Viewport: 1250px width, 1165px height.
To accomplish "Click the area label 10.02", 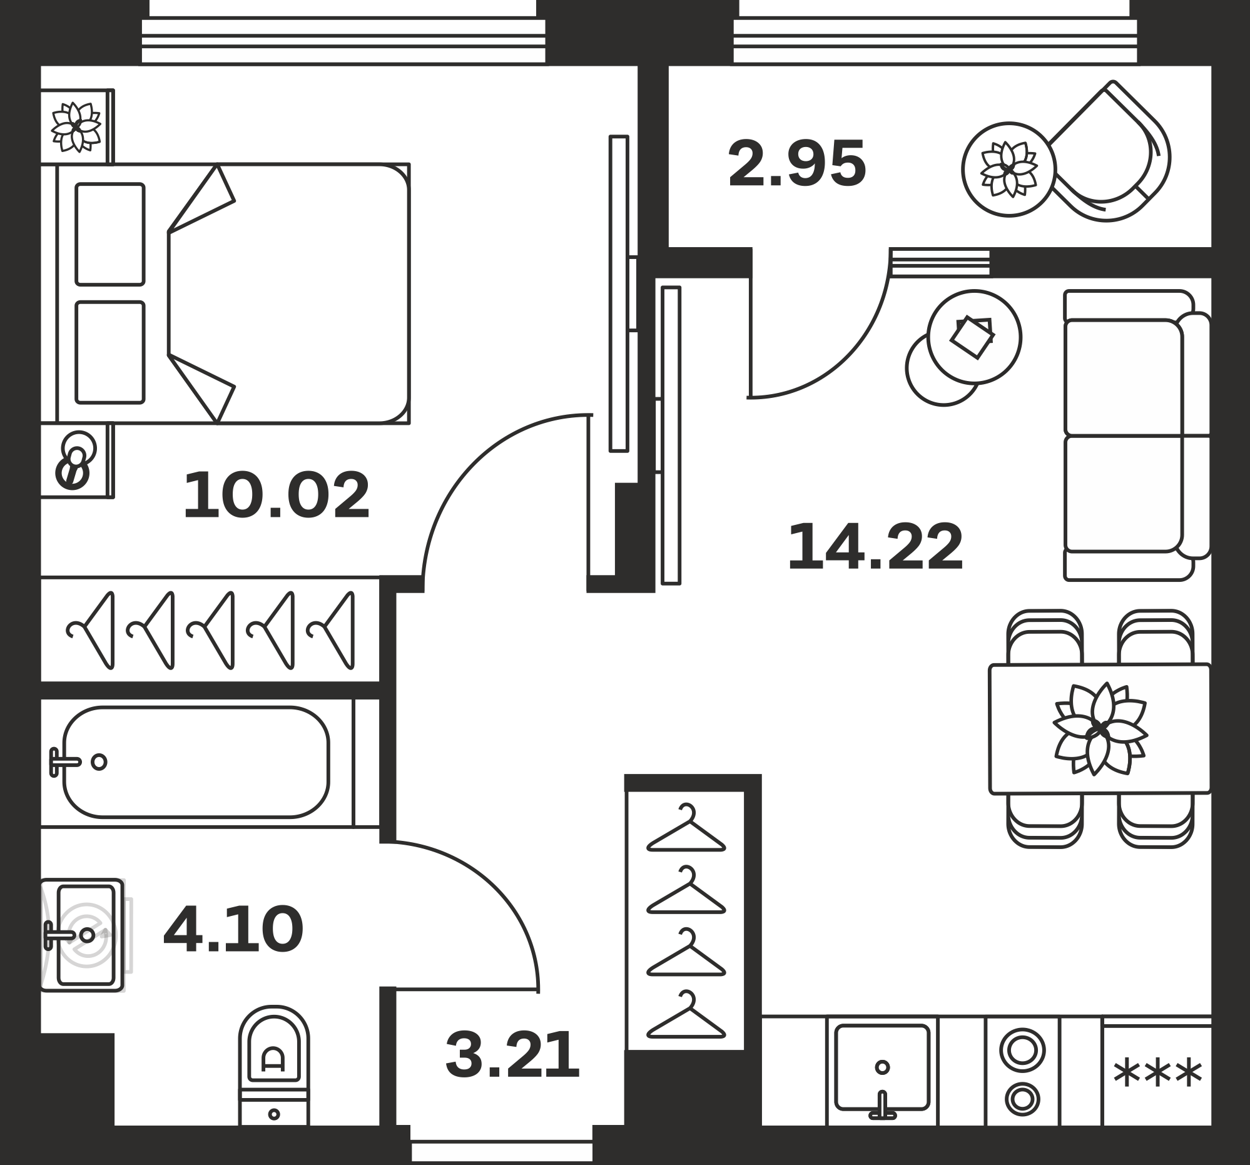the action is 277,496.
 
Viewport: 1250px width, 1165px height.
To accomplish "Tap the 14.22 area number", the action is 875,547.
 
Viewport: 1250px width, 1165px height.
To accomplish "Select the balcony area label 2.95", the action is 797,164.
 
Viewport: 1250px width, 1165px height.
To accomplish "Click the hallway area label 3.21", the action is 512,1054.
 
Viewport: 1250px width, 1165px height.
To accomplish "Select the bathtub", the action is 196,762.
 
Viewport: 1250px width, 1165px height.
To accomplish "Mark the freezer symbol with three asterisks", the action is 1157,1073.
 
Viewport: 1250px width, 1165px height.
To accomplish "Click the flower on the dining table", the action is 1100,729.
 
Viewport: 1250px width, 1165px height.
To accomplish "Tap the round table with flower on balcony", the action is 1009,169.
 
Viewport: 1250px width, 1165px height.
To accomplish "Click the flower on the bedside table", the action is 76,127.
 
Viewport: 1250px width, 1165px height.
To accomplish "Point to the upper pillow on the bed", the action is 110,234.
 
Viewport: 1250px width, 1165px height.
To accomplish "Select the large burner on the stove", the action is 1022,1051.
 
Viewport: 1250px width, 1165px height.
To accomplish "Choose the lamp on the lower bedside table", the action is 76,460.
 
